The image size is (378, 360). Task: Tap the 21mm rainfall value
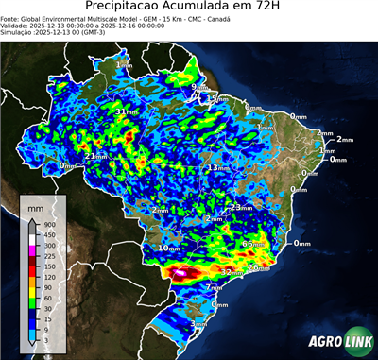tap(97, 155)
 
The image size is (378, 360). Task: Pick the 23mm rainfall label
tap(242, 207)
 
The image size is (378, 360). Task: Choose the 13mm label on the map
tap(218, 167)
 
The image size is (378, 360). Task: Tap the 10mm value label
tap(169, 248)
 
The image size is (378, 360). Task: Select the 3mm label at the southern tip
tap(198, 324)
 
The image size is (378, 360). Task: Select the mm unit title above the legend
tap(36, 205)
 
